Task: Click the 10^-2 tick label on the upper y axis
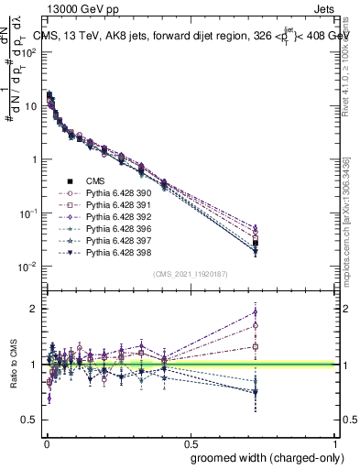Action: point(27,267)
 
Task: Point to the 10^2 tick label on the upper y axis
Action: point(28,52)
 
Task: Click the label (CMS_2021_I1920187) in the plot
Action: point(190,274)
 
